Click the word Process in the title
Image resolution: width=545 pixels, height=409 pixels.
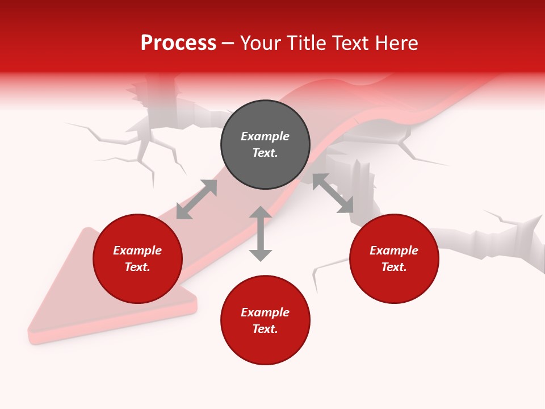click(178, 43)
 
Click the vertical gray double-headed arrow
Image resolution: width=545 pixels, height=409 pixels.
click(261, 233)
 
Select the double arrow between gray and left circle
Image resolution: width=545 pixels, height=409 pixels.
click(196, 199)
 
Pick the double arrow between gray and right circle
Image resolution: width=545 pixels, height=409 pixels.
click(333, 193)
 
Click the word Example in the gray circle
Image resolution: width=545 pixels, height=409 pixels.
click(265, 136)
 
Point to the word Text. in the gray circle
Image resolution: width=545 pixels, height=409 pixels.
click(265, 153)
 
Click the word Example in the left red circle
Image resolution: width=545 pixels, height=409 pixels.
click(137, 251)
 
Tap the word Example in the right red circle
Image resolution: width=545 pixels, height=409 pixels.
click(394, 251)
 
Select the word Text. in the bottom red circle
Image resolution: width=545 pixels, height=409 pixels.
click(265, 329)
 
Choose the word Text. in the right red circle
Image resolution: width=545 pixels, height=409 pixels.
click(394, 267)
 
